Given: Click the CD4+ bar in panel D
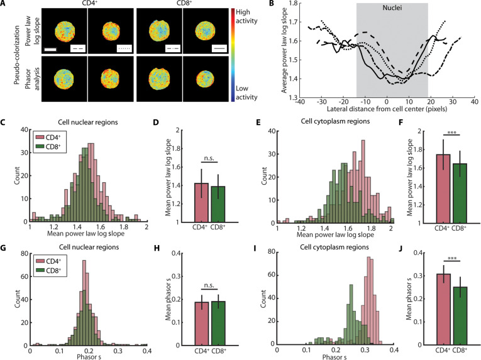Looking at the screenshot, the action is (202, 203).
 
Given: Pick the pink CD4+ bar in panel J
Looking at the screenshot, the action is (443, 309).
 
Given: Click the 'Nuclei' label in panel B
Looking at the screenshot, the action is (392, 8).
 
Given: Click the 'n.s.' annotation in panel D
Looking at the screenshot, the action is (209, 158).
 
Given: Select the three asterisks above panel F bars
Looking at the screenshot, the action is (452, 133).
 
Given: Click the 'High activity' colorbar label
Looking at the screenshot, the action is (246, 16).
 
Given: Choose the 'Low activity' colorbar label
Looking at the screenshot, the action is (246, 92).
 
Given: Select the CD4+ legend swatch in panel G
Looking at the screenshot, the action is (40, 261).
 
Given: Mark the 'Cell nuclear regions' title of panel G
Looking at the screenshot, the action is (89, 247).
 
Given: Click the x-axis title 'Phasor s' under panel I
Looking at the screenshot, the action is (334, 357).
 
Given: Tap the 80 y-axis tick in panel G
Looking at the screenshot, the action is (24, 253).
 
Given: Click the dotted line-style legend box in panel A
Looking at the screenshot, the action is (124, 48).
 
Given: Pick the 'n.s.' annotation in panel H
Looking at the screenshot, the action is (209, 285).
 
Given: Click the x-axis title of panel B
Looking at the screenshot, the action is (387, 109).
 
